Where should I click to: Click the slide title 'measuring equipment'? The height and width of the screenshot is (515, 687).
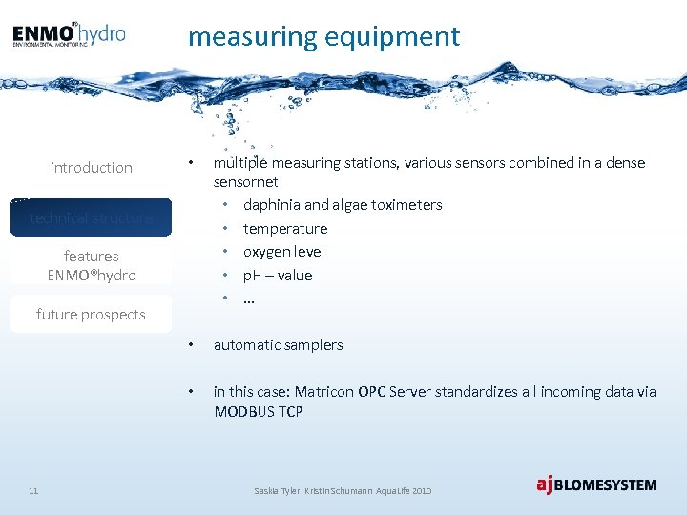323,37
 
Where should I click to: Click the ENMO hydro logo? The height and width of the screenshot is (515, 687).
69,34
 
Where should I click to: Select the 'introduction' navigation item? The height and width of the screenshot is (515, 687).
92,168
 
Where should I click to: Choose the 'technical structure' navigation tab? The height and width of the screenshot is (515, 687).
92,218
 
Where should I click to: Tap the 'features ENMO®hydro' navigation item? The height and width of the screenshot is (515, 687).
92,265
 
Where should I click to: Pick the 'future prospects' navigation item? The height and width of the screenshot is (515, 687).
92,315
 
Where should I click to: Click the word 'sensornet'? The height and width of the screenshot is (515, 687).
245,181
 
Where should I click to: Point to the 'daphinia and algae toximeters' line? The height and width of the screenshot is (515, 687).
343,205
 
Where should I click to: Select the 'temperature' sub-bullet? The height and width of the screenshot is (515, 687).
284,229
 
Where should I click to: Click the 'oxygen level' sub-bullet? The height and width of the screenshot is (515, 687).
283,252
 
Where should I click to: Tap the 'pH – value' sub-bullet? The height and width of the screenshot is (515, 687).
277,276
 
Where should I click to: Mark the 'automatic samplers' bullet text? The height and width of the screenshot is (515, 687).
278,345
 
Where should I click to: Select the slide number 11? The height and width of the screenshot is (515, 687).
33,491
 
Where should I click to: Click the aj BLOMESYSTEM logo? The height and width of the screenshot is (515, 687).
596,484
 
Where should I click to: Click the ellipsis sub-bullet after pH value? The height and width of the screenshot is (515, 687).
249,298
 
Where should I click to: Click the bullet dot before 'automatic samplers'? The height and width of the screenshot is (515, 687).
192,345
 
